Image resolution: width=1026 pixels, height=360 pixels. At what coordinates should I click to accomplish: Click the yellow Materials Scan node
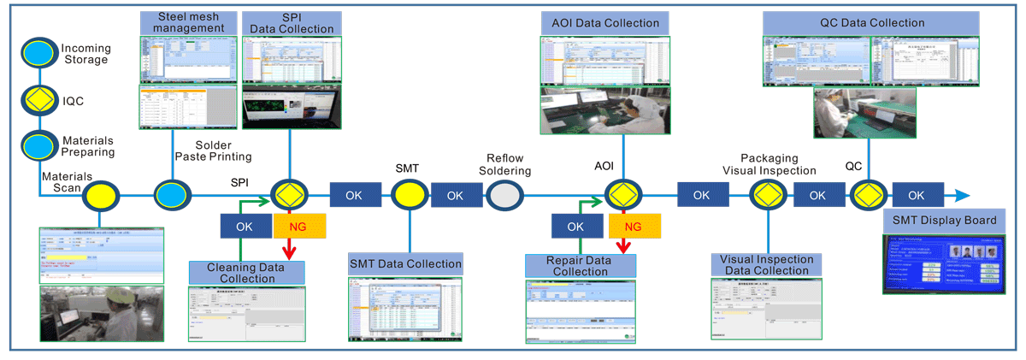point(100,197)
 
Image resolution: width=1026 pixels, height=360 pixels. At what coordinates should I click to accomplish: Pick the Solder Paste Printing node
point(169,196)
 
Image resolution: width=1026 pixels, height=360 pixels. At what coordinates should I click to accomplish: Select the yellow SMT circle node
point(409,196)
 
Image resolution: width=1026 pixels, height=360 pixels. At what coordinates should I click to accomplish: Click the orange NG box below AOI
point(632,227)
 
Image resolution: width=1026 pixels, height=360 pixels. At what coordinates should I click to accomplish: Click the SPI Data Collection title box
point(292,22)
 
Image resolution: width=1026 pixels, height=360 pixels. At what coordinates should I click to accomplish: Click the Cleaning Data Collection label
point(247,273)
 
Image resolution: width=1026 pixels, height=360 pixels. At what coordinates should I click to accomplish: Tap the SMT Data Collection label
point(405,263)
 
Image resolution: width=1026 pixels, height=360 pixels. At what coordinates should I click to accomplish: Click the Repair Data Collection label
point(581,265)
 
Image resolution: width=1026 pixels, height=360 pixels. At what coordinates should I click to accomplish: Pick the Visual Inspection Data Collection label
point(767,265)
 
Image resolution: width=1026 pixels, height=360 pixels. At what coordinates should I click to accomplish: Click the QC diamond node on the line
point(870,196)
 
